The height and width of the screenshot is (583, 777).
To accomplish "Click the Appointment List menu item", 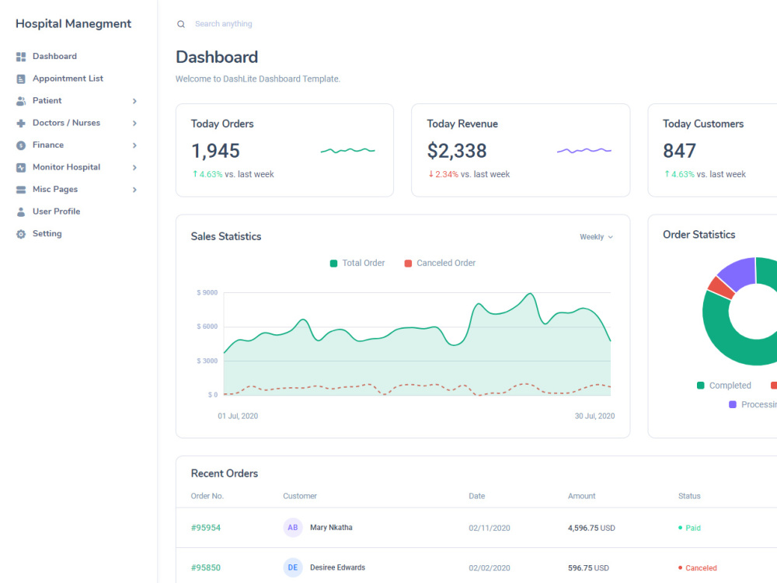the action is point(68,79).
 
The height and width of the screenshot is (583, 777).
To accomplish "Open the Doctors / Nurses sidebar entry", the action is point(66,123).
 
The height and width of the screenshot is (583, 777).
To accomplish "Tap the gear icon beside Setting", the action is point(21,234).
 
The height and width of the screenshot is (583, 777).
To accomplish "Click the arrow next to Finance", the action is point(134,145).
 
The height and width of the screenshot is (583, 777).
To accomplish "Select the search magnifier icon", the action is point(181,24).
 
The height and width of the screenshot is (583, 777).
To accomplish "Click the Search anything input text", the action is point(224,24).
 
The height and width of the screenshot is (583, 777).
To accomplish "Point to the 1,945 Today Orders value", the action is point(215,151).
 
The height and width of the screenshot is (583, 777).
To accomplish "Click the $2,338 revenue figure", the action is point(457,151).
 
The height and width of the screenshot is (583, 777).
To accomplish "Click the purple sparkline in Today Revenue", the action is point(584,150).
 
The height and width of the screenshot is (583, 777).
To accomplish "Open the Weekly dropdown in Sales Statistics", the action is point(596,237).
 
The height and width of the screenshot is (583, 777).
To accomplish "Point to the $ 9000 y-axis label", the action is point(207,292).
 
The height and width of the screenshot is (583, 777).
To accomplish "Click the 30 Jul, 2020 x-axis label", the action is point(594,416).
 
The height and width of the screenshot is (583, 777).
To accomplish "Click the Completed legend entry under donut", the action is point(730,386).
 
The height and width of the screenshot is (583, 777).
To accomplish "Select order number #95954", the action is point(206,528).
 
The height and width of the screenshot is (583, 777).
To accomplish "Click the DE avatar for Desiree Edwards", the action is point(293,567).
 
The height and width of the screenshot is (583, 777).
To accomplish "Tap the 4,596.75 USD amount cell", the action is point(591,528).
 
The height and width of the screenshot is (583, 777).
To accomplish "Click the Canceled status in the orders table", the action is point(700,568).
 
